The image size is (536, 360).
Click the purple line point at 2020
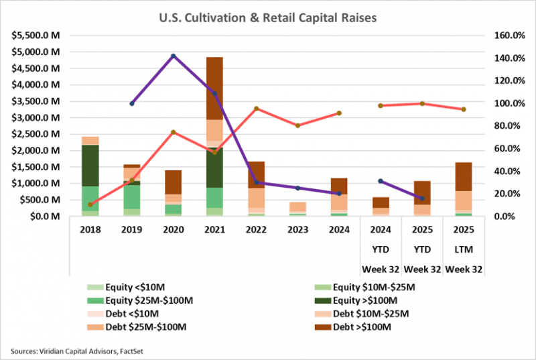[174, 56]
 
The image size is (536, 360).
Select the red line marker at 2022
[257, 109]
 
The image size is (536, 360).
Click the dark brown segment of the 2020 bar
[174, 182]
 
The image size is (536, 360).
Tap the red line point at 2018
[90, 204]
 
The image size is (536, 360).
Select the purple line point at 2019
[132, 103]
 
